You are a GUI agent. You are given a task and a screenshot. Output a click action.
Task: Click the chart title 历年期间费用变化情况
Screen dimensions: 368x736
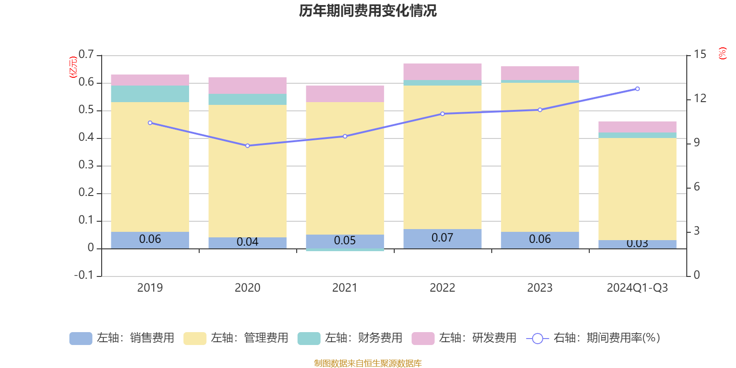(368, 11)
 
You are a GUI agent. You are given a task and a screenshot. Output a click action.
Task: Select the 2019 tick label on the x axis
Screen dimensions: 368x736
(150, 288)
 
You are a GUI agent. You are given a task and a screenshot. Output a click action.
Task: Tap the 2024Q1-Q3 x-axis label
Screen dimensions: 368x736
(637, 288)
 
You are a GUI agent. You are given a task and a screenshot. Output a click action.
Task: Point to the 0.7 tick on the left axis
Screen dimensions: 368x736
(86, 55)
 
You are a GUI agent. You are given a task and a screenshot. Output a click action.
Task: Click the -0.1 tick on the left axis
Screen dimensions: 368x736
(84, 275)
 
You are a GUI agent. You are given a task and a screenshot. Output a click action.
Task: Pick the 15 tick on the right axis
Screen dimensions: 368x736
(700, 55)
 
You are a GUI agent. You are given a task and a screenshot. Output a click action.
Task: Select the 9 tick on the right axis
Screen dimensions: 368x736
(696, 143)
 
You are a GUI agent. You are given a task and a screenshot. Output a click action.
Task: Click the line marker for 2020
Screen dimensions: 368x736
(247, 146)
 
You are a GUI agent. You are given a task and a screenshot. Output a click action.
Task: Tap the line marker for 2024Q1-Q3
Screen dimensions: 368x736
(637, 89)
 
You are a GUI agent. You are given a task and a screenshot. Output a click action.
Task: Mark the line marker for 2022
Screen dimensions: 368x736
(443, 114)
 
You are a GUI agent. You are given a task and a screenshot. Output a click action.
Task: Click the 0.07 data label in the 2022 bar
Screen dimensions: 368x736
(443, 238)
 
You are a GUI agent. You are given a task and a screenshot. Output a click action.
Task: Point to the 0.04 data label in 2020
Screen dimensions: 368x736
(247, 242)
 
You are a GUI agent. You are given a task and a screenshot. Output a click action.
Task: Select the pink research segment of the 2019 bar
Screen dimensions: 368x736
(150, 80)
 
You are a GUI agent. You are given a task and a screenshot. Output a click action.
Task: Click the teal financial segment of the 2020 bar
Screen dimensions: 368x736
(247, 99)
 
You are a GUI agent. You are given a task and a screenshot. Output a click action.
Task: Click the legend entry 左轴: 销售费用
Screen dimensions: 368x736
(122, 338)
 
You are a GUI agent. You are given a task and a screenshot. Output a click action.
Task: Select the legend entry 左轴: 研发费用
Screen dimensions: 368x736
(464, 338)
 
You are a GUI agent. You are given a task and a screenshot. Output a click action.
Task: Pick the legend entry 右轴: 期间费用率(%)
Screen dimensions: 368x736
(593, 338)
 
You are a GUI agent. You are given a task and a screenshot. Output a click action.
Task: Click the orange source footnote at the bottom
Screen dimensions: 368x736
(368, 363)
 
